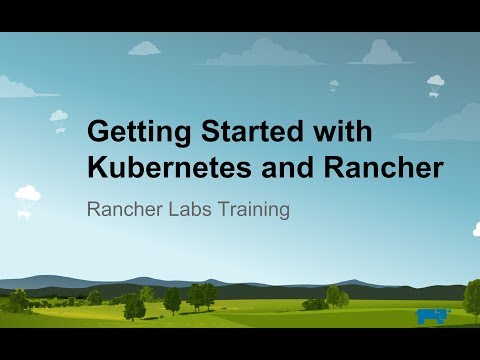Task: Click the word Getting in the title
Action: point(134,132)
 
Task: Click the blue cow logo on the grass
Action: point(433,316)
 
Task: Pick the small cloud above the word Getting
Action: point(145,47)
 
